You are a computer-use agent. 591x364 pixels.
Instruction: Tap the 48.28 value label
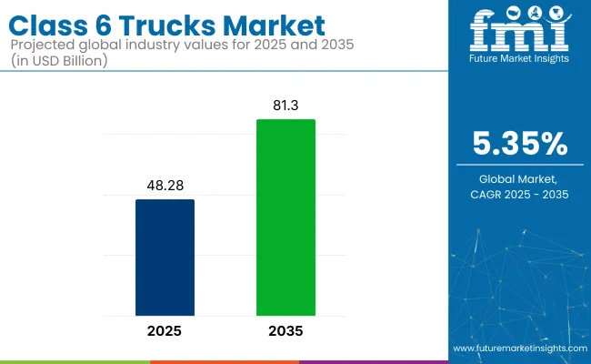pos(165,186)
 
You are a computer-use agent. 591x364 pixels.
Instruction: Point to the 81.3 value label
pos(285,106)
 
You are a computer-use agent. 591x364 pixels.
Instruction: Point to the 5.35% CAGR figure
pos(519,144)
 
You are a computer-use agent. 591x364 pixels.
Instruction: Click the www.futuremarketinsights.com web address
pos(518,349)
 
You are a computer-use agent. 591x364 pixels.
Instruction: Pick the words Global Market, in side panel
pos(519,180)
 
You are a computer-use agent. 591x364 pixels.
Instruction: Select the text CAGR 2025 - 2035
pos(519,195)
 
